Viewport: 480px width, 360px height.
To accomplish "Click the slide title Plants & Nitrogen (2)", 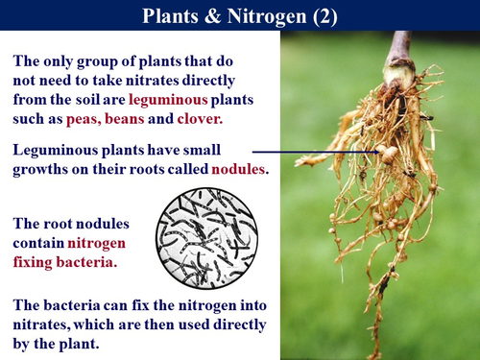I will coord(239,16).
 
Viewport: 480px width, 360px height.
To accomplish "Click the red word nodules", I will coord(238,169).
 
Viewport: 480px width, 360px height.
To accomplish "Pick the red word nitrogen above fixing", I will coord(97,242).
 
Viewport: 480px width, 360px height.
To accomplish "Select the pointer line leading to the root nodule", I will coord(317,151).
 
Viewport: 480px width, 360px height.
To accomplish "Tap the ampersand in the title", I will coord(204,16).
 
